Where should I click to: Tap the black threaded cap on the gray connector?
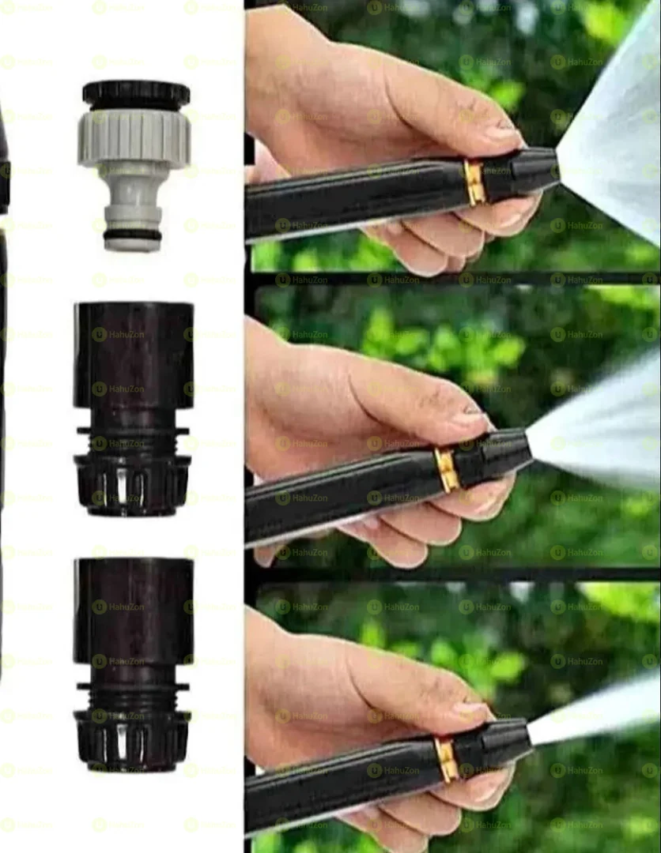(x=136, y=94)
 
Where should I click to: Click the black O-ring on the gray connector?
(x=132, y=235)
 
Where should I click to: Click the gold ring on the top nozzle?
(x=474, y=182)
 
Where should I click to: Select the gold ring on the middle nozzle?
(x=447, y=469)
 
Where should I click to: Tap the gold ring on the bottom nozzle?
(x=447, y=759)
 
